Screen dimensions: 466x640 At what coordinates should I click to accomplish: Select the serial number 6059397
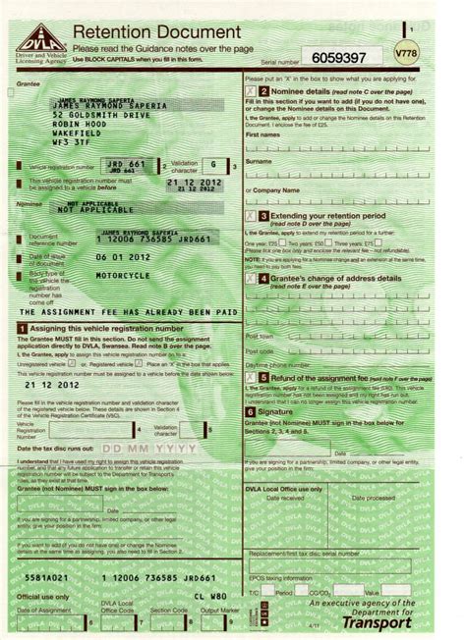(341, 57)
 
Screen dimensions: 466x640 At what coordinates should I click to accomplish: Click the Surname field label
(260, 161)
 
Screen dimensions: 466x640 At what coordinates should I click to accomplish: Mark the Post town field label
(261, 337)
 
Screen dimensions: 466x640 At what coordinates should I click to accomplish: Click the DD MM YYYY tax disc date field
(143, 448)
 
